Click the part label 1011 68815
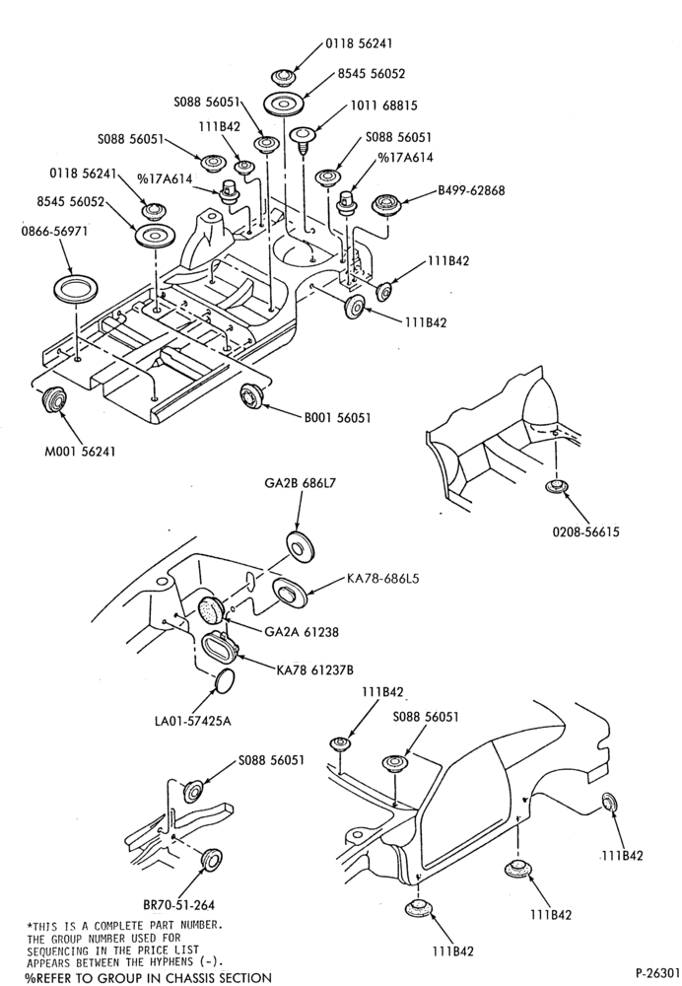click(x=383, y=106)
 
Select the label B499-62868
click(x=471, y=190)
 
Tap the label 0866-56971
click(x=54, y=231)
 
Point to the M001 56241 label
click(x=80, y=451)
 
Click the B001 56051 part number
click(x=337, y=417)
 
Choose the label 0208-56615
click(x=585, y=532)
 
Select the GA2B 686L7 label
click(x=301, y=483)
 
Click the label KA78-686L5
click(x=382, y=578)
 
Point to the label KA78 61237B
click(x=315, y=670)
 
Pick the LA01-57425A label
click(x=192, y=721)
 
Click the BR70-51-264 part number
click(x=178, y=905)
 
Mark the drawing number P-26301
click(x=657, y=973)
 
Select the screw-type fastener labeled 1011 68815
click(x=303, y=141)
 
